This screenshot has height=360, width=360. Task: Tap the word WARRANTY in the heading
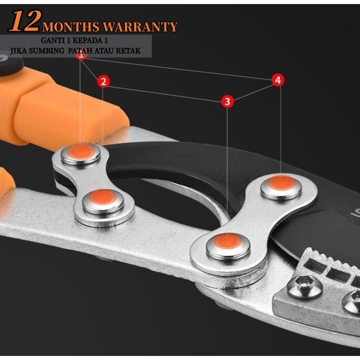tap(140, 27)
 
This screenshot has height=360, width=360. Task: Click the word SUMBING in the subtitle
tap(47, 51)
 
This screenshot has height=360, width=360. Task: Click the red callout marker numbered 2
tap(103, 81)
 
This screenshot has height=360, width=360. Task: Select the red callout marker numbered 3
tap(227, 101)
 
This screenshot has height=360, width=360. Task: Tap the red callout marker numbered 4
tap(278, 80)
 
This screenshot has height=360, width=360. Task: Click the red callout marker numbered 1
tap(81, 55)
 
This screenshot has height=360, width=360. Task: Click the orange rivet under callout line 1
tap(81, 152)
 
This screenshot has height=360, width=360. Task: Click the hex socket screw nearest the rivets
tap(305, 287)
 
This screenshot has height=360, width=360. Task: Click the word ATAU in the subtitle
tap(104, 51)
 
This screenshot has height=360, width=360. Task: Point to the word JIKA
tap(18, 51)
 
